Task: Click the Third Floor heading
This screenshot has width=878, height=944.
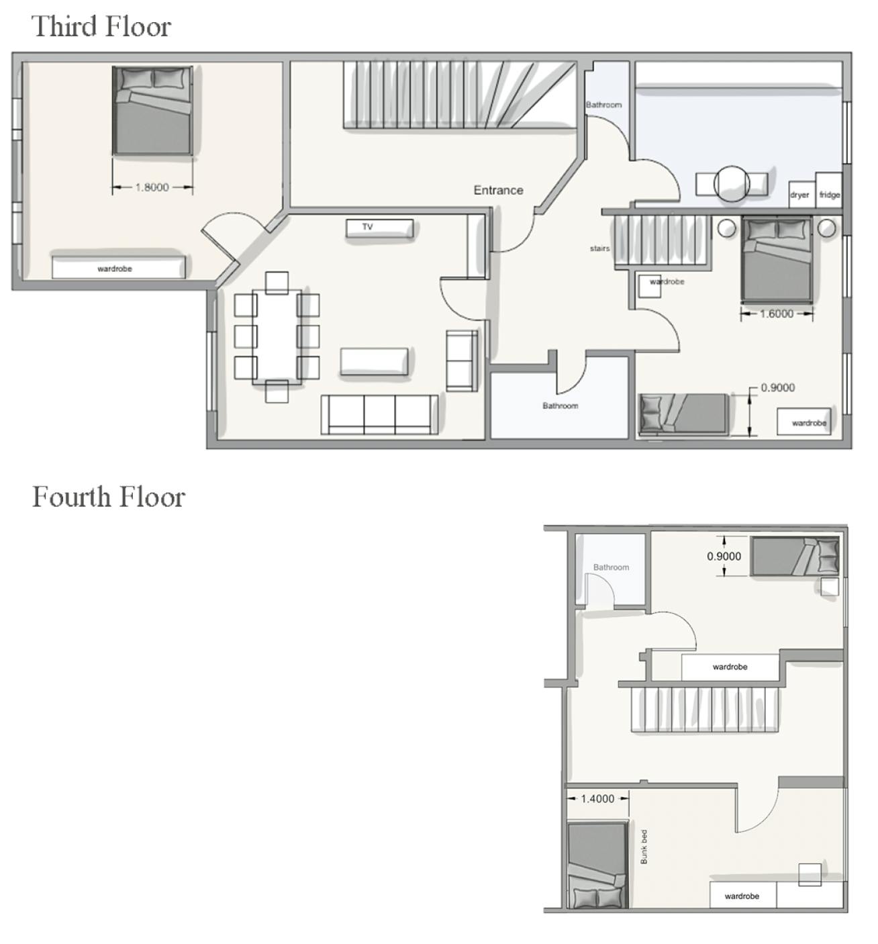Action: (101, 27)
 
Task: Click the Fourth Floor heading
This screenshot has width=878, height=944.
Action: (108, 498)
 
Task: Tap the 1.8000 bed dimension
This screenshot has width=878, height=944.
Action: (152, 187)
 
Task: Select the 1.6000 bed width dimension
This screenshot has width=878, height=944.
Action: (776, 314)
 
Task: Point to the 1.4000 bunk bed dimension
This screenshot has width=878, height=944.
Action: (597, 798)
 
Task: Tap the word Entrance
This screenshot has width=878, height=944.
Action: (498, 190)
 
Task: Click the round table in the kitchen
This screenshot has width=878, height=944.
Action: (731, 183)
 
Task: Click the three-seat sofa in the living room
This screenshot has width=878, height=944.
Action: (379, 414)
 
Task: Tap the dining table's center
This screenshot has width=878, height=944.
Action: (277, 336)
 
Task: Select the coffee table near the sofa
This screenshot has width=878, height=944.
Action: (374, 361)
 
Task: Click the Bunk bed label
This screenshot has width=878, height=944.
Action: (644, 846)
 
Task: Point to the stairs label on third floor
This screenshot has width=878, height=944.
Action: (599, 248)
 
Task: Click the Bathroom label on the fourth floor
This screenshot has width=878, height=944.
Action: (611, 567)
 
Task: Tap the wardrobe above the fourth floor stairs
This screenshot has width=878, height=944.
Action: (730, 667)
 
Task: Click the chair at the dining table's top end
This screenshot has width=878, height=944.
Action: (277, 283)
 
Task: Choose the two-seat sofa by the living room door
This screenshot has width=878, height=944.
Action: (462, 361)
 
